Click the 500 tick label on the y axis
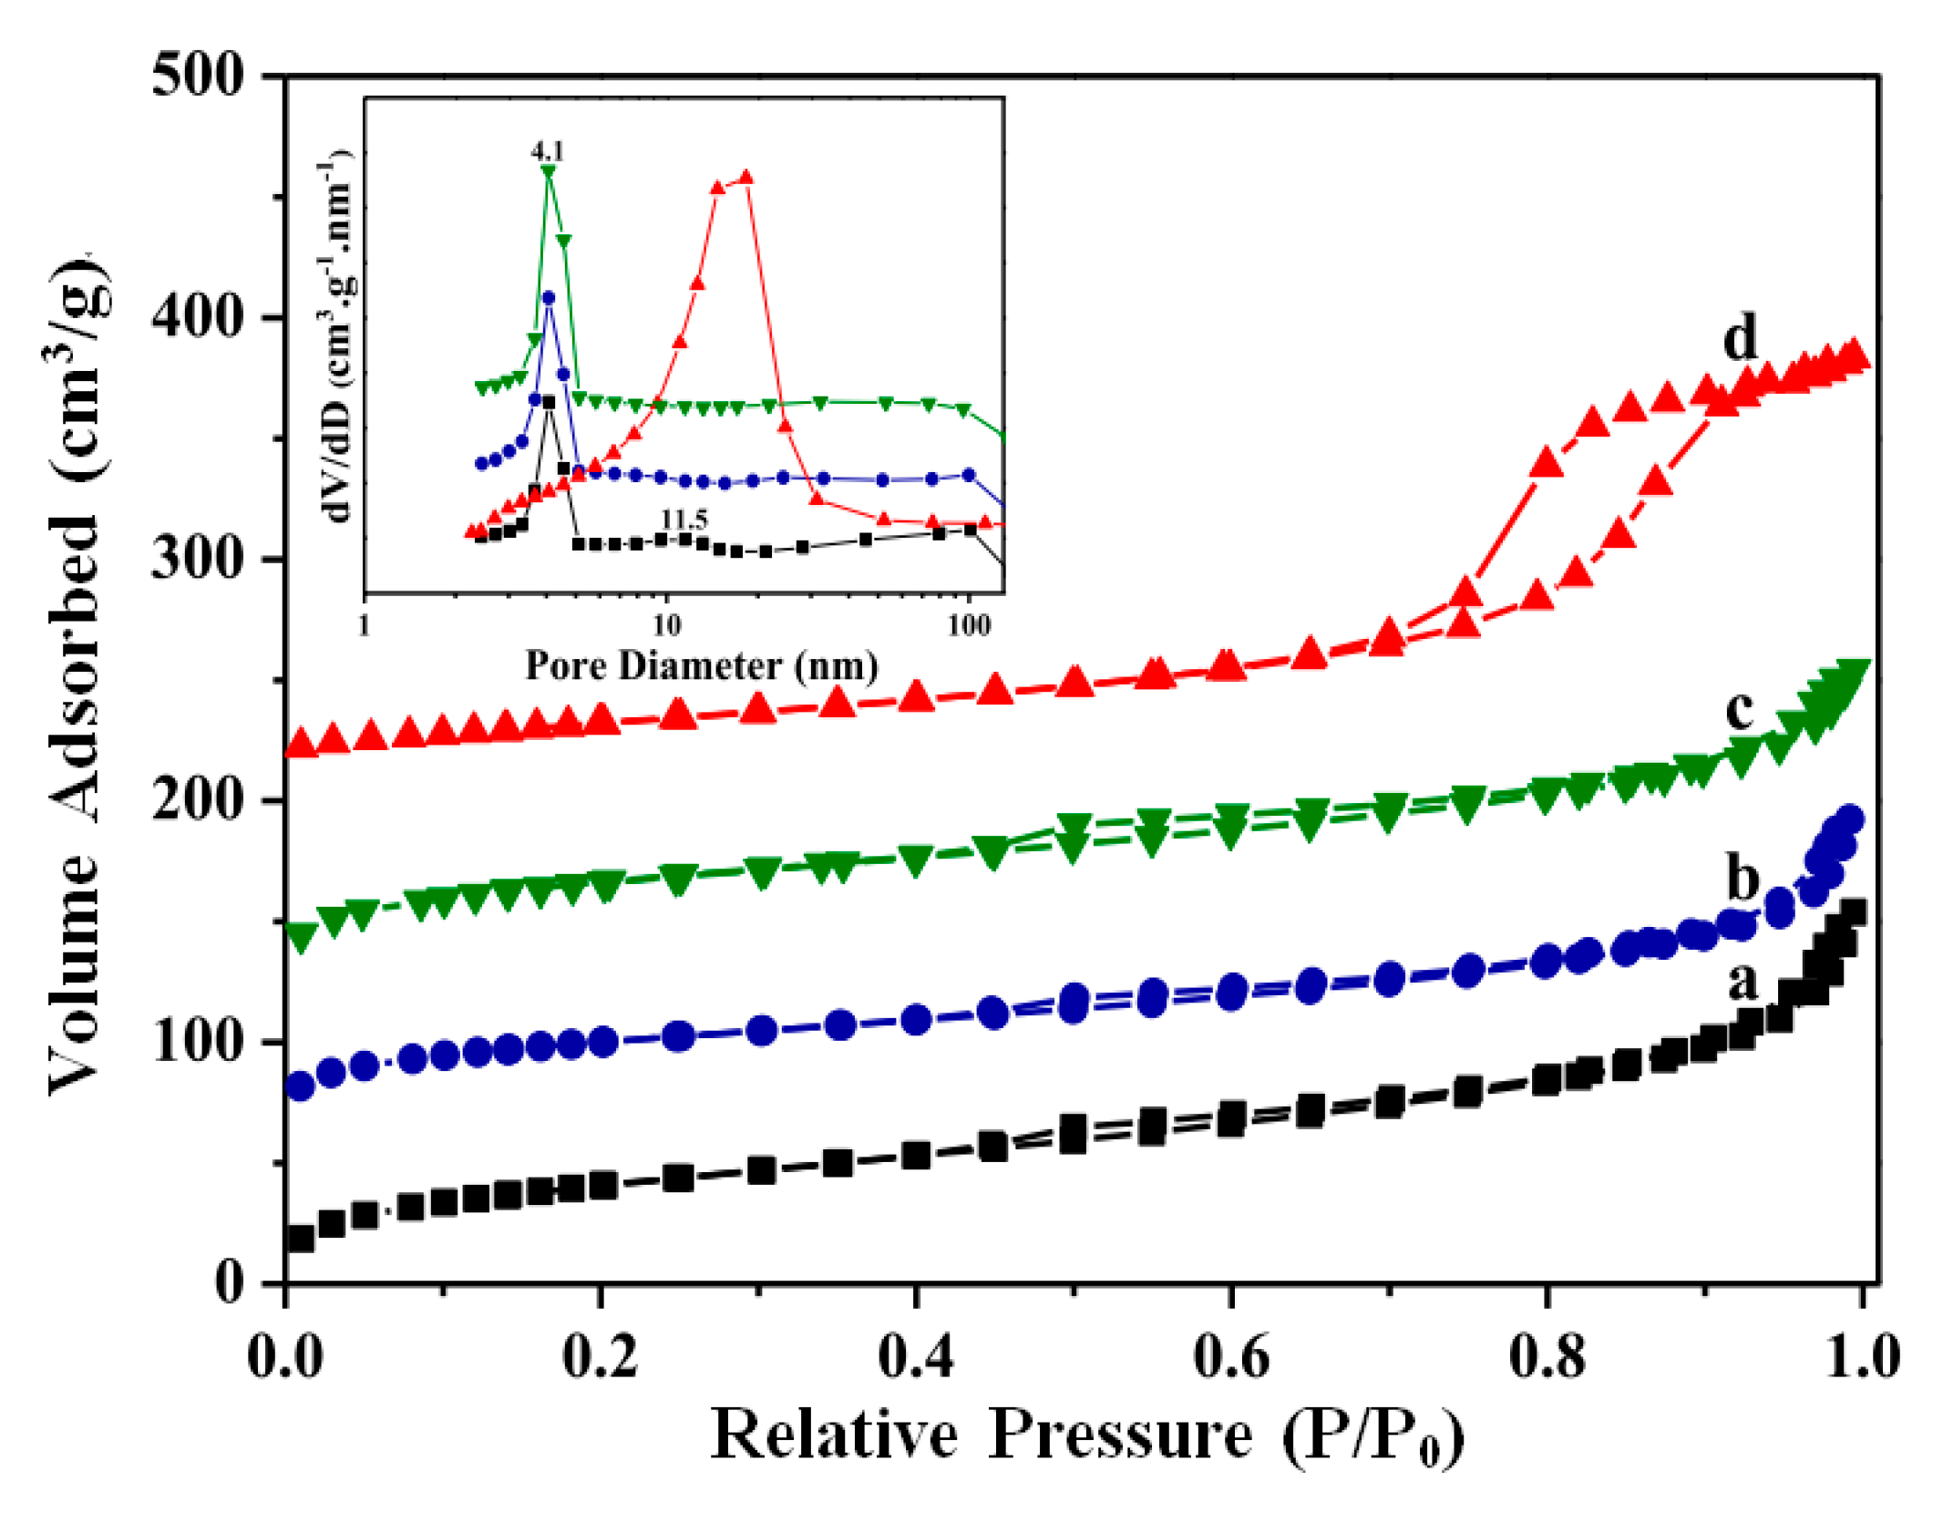(x=198, y=75)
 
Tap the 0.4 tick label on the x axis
(x=915, y=1355)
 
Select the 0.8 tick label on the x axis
(x=1547, y=1355)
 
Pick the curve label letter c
(x=1739, y=708)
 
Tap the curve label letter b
(x=1743, y=879)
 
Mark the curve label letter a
(x=1743, y=982)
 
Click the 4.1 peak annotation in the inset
(x=548, y=151)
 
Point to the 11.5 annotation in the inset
(x=684, y=520)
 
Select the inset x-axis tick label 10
(x=666, y=625)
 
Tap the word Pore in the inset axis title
(x=565, y=666)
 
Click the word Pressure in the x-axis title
(x=1120, y=1434)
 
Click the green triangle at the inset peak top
(x=548, y=170)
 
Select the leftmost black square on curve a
(x=300, y=1239)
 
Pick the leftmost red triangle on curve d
(x=301, y=744)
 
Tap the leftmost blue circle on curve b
(x=300, y=1086)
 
